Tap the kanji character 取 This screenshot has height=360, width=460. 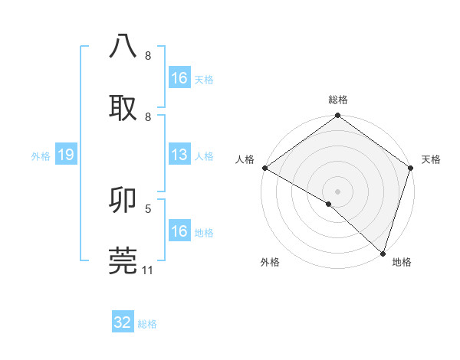coord(123,107)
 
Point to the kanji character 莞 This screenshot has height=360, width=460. coord(123,260)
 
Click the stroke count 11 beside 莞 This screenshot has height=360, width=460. coord(148,270)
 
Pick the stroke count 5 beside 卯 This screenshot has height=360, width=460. coord(148,208)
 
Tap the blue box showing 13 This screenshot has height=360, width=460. coord(179,155)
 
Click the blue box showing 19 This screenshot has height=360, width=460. coord(66,155)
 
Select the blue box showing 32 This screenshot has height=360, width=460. coord(123,322)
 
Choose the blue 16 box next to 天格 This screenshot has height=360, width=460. coord(179,78)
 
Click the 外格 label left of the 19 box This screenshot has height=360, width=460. coord(41,156)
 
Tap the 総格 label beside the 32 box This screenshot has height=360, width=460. coord(147,324)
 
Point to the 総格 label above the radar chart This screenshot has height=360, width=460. coord(338,100)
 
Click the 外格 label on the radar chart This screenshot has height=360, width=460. coord(270,262)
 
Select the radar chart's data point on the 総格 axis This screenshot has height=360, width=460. coord(338,116)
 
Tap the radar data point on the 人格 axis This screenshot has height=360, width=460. coord(264,168)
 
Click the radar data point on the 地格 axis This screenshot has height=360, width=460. coord(383,254)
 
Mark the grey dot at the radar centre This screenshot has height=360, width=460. coord(338,191)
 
